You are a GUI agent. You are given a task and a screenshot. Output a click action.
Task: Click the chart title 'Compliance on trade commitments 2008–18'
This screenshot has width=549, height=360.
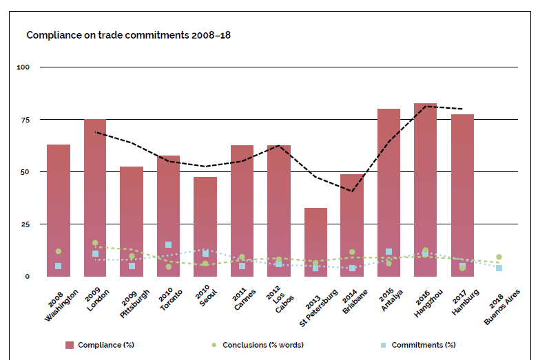[128, 34]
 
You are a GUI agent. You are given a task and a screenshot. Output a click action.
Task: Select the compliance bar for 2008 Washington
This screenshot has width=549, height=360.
[59, 207]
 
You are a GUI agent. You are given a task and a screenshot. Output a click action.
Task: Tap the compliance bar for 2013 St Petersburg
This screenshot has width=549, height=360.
[315, 241]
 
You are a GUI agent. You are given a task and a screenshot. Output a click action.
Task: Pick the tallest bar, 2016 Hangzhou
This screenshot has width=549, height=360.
[426, 186]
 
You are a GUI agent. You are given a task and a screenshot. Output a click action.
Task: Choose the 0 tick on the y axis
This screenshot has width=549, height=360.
[27, 277]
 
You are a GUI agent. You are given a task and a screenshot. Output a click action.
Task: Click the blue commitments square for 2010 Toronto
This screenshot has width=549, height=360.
[169, 245]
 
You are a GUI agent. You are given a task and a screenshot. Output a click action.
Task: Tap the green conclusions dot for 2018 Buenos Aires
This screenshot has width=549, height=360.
[499, 257]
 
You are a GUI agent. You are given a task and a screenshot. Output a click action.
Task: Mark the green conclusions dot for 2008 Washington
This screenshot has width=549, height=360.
[59, 252]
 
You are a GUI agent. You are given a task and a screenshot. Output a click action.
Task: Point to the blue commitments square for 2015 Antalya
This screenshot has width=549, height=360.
[389, 252]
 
